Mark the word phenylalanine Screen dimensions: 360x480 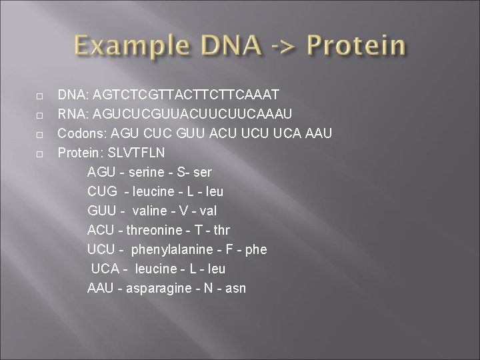pos(170,249)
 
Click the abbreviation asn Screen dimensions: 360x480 pos(235,288)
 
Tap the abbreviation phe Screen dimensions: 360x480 pos(255,249)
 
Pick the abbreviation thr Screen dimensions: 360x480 pos(203,230)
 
